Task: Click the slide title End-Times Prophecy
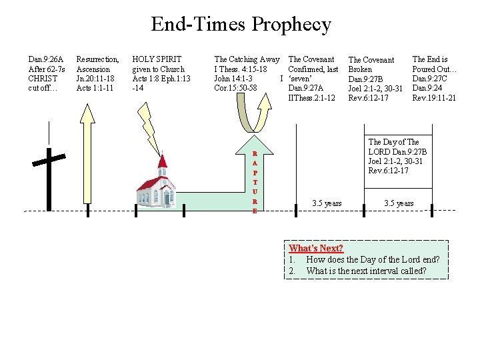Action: [241, 25]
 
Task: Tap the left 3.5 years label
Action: [327, 203]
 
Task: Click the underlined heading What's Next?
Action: [315, 249]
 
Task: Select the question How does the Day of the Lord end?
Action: [373, 259]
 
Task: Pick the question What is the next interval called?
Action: [366, 271]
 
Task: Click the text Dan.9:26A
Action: [46, 59]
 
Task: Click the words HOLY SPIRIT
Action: [157, 59]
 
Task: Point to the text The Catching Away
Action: [247, 59]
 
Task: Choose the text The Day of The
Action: [393, 142]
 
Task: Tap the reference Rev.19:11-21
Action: [434, 98]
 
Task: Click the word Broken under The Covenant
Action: [361, 69]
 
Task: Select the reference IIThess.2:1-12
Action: [311, 98]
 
